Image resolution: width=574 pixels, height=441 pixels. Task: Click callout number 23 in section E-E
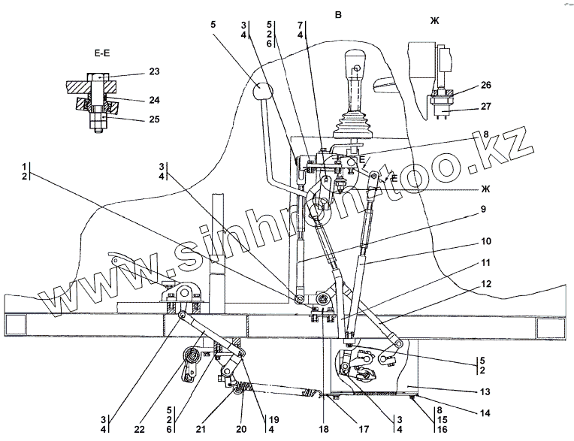[155, 72]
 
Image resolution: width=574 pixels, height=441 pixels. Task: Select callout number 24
[155, 100]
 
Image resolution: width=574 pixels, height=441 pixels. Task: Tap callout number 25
[155, 119]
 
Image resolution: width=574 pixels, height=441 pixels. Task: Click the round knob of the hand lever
[261, 93]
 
